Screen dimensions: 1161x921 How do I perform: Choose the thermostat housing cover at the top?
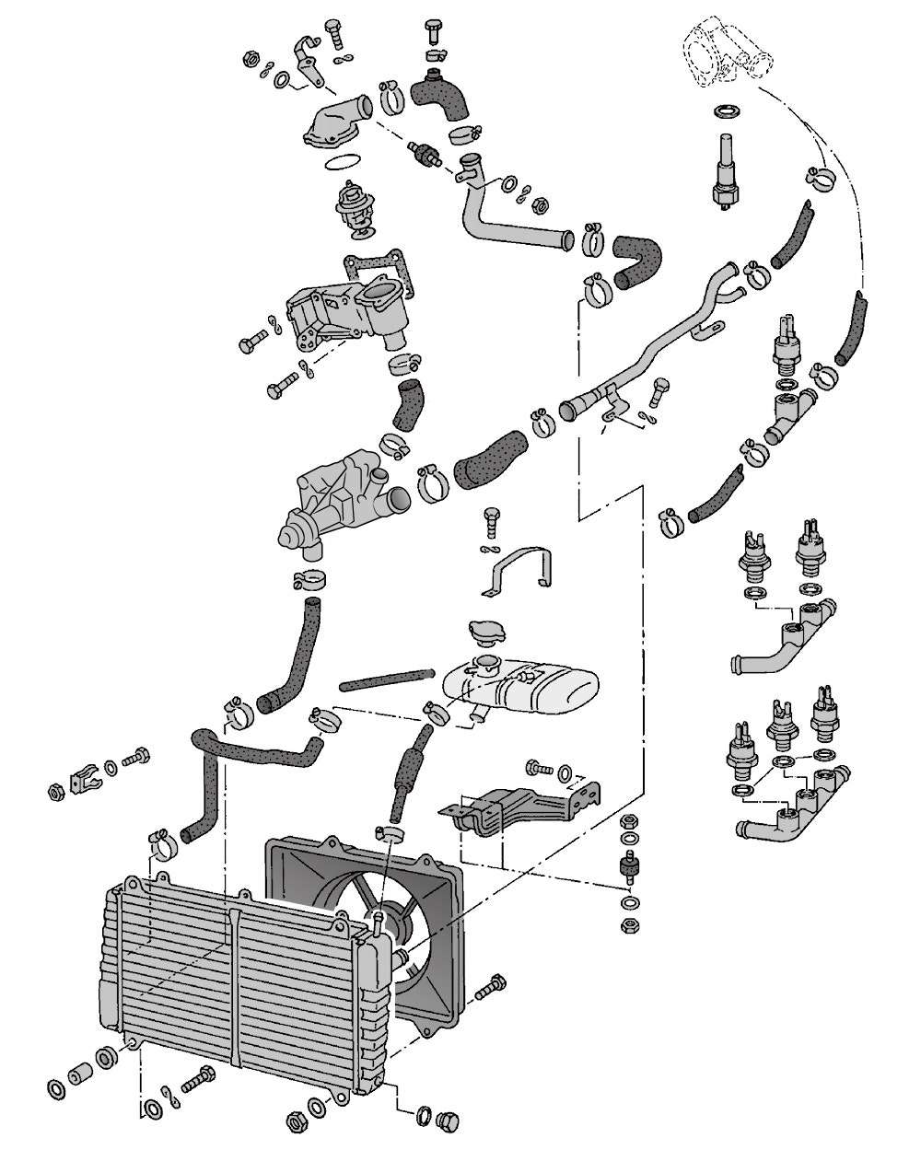(x=333, y=124)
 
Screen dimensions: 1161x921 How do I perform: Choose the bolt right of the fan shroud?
(x=493, y=987)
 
